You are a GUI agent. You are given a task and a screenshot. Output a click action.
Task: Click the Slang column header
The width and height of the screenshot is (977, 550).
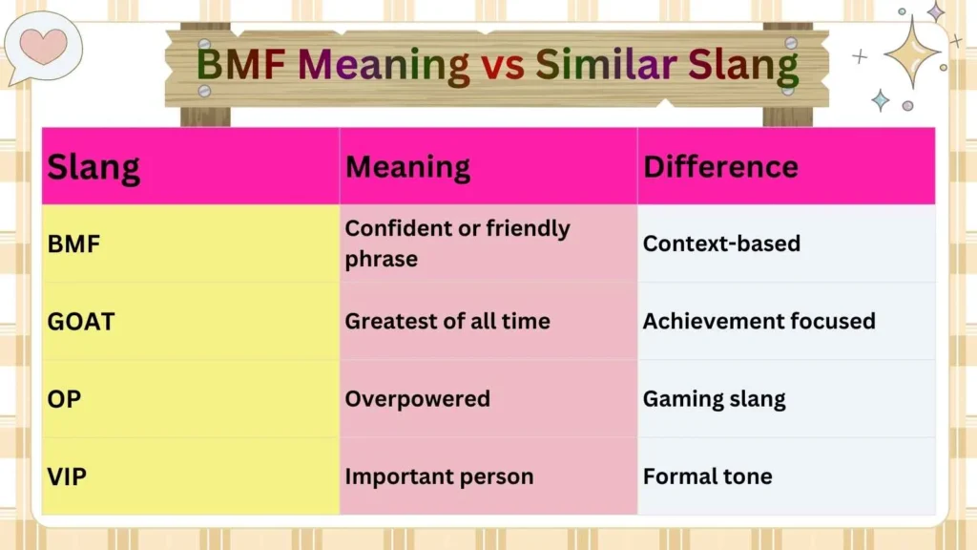tap(94, 168)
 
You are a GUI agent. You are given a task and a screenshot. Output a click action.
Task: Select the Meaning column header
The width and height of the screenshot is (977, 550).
tap(407, 167)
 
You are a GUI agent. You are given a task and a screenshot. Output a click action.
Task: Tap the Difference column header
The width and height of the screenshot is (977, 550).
tap(720, 166)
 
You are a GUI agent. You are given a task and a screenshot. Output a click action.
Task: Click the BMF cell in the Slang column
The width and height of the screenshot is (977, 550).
tap(73, 243)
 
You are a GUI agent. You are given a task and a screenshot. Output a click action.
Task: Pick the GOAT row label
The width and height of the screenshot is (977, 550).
tap(81, 322)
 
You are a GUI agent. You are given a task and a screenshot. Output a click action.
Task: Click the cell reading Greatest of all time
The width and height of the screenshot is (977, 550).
tap(447, 322)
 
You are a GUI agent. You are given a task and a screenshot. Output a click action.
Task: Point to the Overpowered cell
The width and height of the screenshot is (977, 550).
tap(417, 399)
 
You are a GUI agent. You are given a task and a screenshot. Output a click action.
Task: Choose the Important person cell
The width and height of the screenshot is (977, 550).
tap(439, 476)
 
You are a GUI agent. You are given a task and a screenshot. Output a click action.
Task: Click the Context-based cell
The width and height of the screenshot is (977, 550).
tap(721, 243)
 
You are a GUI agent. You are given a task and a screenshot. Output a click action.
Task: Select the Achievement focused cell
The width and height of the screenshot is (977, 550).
tap(759, 322)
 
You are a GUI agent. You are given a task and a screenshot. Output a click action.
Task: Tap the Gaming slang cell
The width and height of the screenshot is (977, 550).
tap(714, 399)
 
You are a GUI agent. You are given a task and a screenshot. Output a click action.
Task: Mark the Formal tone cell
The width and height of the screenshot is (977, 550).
tap(707, 476)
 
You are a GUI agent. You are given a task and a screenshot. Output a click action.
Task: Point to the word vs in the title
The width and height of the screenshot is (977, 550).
tap(502, 66)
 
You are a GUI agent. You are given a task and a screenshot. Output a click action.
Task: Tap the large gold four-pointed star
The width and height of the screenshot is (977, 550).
tap(912, 51)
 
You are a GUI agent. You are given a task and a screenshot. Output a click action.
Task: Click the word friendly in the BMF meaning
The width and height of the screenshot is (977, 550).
tap(527, 229)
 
